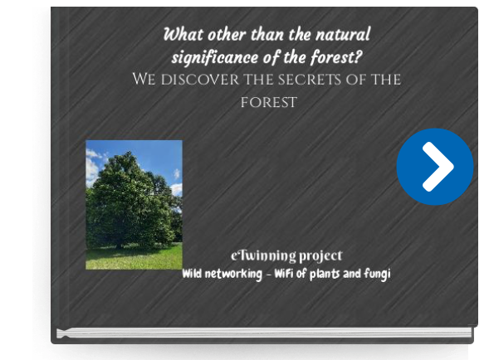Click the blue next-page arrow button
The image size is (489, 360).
pyautogui.click(x=435, y=167)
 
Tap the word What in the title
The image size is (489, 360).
pyautogui.click(x=183, y=34)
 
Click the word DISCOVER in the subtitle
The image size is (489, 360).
pyautogui.click(x=199, y=80)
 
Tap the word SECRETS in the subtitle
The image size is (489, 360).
pyautogui.click(x=310, y=80)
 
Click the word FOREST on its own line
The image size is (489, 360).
pyautogui.click(x=268, y=103)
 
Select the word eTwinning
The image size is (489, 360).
pyautogui.click(x=263, y=256)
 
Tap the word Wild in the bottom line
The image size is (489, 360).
pyautogui.click(x=192, y=274)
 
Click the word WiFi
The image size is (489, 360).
pyautogui.click(x=284, y=274)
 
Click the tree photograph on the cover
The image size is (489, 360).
pyautogui.click(x=134, y=205)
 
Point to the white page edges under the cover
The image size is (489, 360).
pyautogui.click(x=264, y=333)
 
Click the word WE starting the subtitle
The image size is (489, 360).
pyautogui.click(x=144, y=79)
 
